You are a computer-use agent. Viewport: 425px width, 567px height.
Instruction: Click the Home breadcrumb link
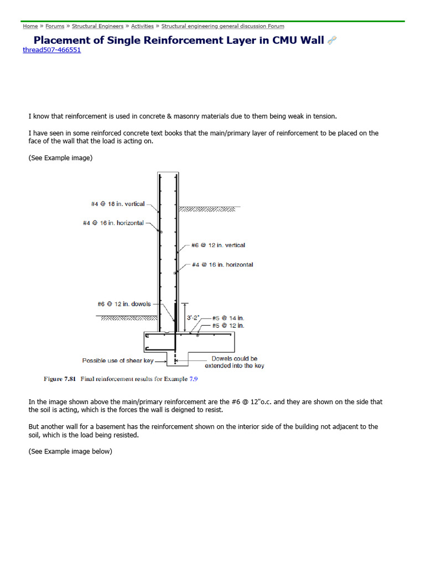[x=30, y=26]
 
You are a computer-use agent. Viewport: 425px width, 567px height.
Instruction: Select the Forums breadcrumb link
[x=55, y=26]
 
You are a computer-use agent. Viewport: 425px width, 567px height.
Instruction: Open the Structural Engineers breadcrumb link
[x=98, y=26]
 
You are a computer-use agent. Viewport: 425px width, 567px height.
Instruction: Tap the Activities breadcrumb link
[x=142, y=26]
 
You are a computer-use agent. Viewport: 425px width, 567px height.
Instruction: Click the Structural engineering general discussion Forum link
[x=222, y=26]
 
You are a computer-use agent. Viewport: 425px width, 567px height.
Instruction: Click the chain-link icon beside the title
[x=332, y=40]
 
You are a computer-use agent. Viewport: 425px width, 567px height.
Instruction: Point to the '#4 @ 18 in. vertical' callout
[x=118, y=204]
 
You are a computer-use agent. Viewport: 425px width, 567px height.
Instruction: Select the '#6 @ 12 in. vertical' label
[x=218, y=245]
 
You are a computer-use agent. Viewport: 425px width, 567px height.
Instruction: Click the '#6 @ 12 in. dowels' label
[x=124, y=304]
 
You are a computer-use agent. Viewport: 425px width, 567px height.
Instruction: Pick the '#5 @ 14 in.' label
[x=228, y=318]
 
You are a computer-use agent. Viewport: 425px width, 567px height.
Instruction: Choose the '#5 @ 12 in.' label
[x=228, y=326]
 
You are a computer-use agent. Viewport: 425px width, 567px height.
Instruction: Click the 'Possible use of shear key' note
[x=118, y=360]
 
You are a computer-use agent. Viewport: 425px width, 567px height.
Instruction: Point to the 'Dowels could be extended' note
[x=234, y=362]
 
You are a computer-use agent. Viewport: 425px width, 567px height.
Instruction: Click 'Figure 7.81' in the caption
[x=60, y=379]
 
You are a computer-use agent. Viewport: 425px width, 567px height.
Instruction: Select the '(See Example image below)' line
[x=70, y=451]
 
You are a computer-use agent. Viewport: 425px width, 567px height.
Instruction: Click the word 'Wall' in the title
[x=312, y=40]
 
